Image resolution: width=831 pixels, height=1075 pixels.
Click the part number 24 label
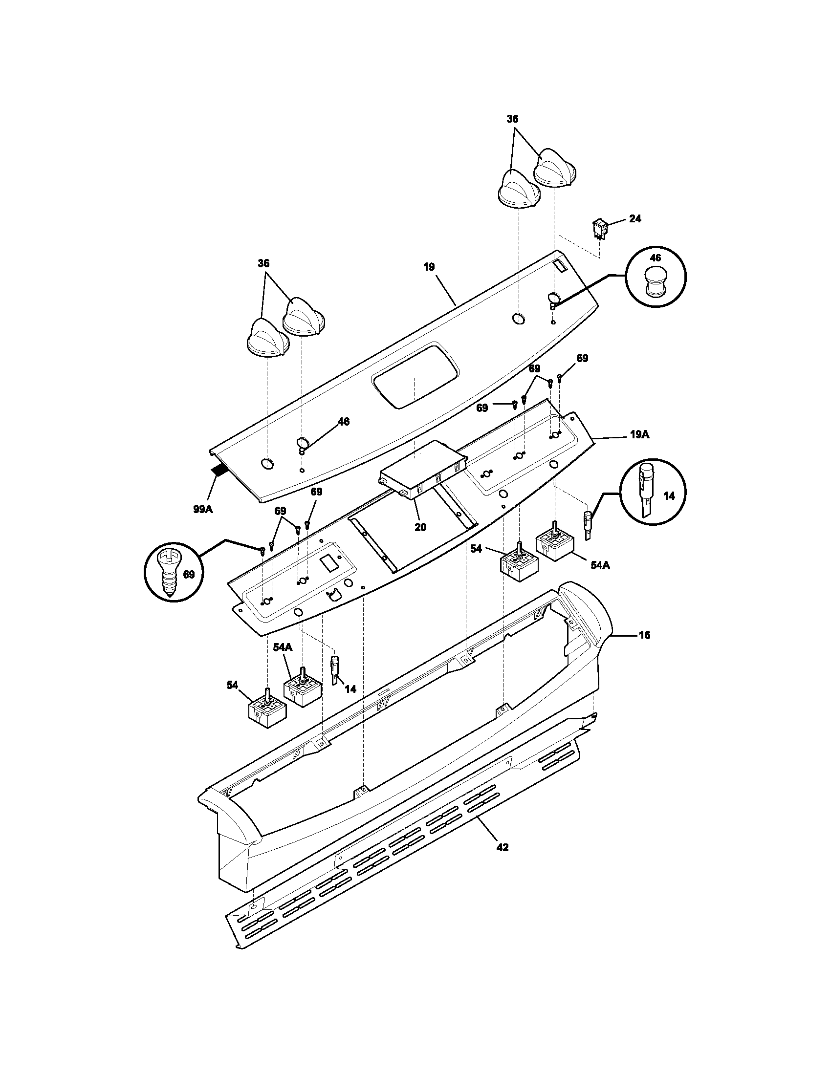click(x=635, y=218)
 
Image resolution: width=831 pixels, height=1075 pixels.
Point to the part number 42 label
click(x=503, y=847)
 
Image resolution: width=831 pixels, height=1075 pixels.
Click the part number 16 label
click(x=644, y=635)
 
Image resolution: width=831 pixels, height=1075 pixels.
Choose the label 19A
click(x=639, y=434)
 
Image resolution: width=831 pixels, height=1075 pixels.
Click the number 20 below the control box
click(x=420, y=527)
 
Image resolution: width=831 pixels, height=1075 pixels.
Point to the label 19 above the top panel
click(x=429, y=267)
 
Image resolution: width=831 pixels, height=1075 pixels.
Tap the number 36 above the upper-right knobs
click(x=512, y=119)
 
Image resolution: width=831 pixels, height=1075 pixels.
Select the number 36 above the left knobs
click(x=263, y=263)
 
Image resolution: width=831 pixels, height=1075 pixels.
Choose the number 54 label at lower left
click(x=232, y=685)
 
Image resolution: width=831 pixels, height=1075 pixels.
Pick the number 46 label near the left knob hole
click(x=343, y=421)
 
